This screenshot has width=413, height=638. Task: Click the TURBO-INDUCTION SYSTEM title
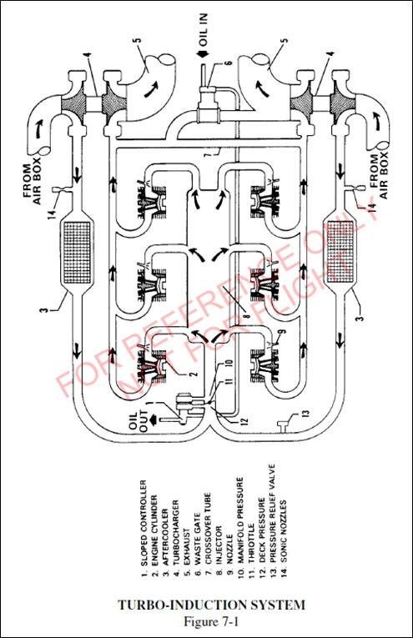205,604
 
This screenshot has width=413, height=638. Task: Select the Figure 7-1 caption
205,620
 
